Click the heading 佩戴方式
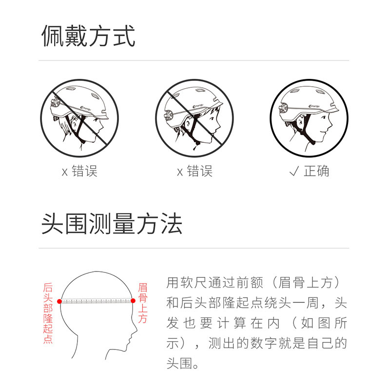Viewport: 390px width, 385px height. pos(88,36)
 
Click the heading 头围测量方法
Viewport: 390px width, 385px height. pos(112,223)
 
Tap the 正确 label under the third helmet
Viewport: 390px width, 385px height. pos(316,171)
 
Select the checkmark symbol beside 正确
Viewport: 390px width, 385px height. pos(294,171)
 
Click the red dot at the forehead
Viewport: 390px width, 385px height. pos(133,301)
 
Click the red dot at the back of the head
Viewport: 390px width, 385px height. pos(59,302)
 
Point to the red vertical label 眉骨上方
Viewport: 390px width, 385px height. pos(143,303)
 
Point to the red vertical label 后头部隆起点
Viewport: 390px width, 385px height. pos(48,313)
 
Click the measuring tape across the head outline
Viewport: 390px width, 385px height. pos(96,301)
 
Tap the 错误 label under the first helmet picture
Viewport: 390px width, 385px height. pos(84,171)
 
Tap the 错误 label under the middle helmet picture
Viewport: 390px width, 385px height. pos(200,171)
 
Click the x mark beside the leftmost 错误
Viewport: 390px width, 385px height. pos(65,172)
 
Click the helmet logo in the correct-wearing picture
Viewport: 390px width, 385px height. pos(314,106)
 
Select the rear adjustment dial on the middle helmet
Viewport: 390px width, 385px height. pos(168,115)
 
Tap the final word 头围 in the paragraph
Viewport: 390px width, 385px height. pos(179,363)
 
